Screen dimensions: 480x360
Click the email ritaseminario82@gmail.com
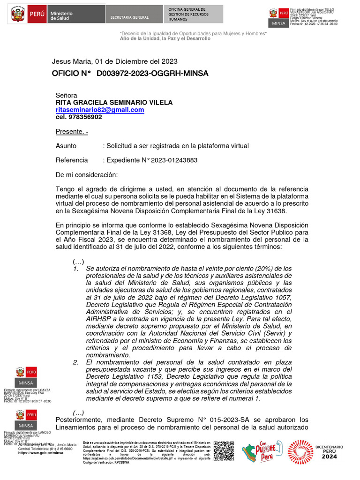click(x=100, y=110)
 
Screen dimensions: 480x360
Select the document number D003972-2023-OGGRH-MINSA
click(x=152, y=74)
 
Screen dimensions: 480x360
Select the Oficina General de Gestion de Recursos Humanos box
click(x=187, y=15)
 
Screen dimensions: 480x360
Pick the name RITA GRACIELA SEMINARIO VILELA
click(x=114, y=102)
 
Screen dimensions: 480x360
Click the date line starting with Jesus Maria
click(x=114, y=61)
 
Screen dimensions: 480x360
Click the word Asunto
click(x=66, y=146)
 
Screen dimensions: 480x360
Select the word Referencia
click(x=72, y=160)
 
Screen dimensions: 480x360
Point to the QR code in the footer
click(x=224, y=450)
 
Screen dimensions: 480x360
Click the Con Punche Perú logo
click(x=262, y=451)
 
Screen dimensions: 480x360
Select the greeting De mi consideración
click(x=87, y=175)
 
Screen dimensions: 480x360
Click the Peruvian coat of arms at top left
click(x=18, y=15)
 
